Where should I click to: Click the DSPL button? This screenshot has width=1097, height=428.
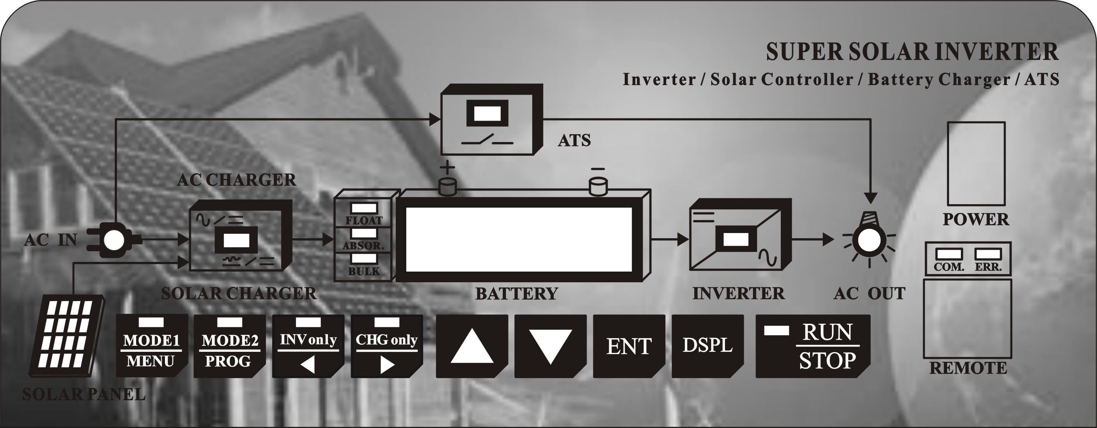click(x=707, y=346)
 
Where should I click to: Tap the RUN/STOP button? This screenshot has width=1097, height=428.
click(x=813, y=346)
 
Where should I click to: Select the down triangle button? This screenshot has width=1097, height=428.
click(x=550, y=346)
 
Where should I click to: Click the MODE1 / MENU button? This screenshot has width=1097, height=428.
click(x=152, y=346)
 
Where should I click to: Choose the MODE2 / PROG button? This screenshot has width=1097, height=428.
click(x=230, y=346)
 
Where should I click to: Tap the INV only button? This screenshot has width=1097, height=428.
click(x=308, y=346)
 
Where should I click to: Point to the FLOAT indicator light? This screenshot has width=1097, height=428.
click(x=364, y=208)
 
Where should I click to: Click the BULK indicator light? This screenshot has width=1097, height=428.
click(x=364, y=258)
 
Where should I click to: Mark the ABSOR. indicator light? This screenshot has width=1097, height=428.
click(x=364, y=233)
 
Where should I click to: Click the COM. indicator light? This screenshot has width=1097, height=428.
click(x=948, y=254)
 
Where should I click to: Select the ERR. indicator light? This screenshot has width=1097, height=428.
click(x=988, y=254)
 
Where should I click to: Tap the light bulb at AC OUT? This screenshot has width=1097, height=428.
click(x=869, y=240)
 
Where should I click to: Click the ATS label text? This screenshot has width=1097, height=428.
click(x=574, y=140)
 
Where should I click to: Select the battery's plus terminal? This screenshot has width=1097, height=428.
click(x=448, y=186)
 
